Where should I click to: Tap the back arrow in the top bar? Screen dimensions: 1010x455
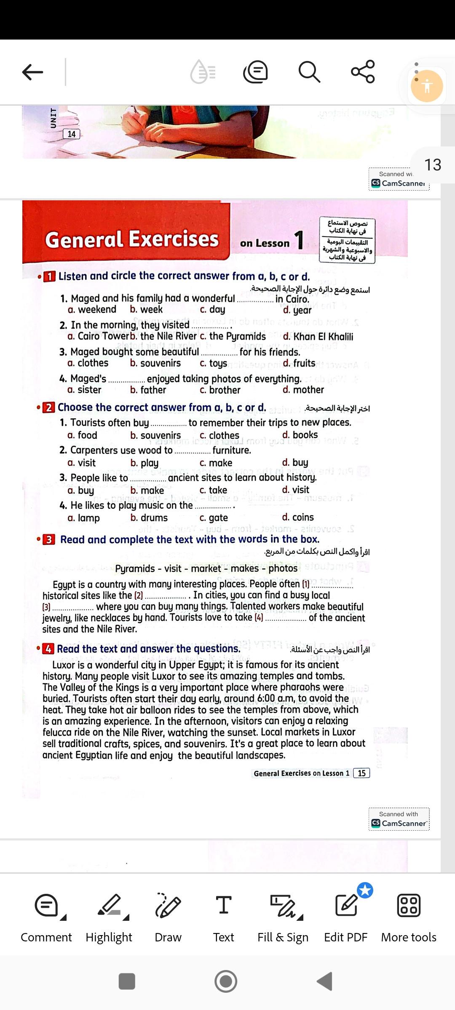32,72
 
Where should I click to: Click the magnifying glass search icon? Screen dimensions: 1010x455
309,72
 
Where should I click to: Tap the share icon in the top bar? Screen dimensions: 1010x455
363,72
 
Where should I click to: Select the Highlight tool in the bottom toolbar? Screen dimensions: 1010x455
109,917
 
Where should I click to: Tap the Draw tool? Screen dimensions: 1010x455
168,917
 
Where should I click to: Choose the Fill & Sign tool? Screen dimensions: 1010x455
283,917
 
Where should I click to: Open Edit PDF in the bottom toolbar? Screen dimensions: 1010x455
346,917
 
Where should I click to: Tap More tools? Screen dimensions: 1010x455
409,917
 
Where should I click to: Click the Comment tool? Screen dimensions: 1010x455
46,917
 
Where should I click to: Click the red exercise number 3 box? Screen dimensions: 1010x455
49,540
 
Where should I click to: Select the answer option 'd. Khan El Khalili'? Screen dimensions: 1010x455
318,337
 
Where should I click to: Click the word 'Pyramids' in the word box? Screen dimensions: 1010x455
135,569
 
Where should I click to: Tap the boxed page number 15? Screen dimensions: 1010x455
361,773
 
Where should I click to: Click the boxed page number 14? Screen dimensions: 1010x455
71,134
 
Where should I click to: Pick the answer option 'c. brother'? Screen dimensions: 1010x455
220,390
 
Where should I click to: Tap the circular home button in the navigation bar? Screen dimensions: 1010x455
226,981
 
